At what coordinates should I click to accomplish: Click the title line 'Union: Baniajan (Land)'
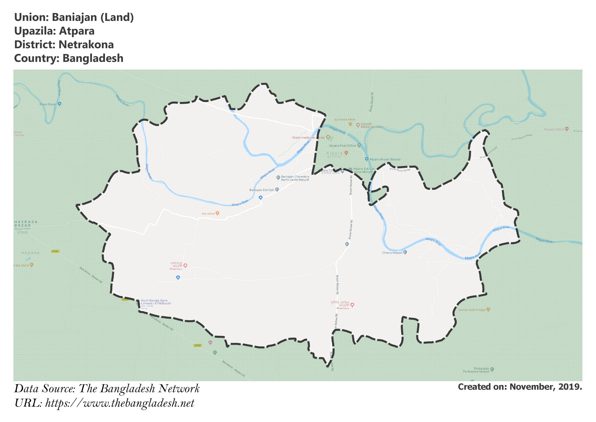[x=74, y=17]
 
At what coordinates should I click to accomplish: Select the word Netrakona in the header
[x=86, y=45]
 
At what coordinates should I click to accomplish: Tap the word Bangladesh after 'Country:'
[x=93, y=58]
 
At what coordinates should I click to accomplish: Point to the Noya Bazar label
[x=48, y=104]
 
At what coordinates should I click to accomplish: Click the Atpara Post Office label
[x=343, y=145]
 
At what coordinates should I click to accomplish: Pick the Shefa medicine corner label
[x=308, y=138]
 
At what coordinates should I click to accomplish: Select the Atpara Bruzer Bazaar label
[x=385, y=159]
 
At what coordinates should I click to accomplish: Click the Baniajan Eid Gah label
[x=262, y=190]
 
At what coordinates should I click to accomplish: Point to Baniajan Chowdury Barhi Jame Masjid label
[x=295, y=178]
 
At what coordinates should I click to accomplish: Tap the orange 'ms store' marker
[x=217, y=213]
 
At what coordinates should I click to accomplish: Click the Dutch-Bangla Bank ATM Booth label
[x=156, y=302]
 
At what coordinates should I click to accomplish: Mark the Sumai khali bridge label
[x=472, y=310]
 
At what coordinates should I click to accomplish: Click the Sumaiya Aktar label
[x=345, y=119]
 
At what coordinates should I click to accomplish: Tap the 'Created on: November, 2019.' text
[x=520, y=387]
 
